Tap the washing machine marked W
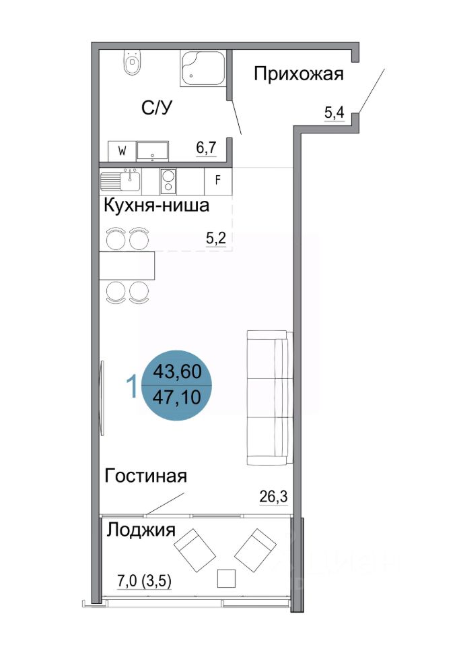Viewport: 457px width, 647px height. [x=122, y=151]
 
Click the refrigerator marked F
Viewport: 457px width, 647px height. [x=217, y=181]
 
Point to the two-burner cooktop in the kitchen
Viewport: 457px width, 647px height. [x=168, y=181]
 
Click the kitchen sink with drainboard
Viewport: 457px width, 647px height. [x=121, y=181]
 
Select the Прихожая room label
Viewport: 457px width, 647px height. [x=299, y=74]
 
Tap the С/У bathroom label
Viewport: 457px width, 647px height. [x=156, y=108]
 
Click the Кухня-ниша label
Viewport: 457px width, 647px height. [x=155, y=206]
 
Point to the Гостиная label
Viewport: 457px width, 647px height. [x=145, y=476]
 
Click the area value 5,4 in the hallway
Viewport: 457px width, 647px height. [x=335, y=113]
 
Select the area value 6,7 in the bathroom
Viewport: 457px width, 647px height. [x=206, y=147]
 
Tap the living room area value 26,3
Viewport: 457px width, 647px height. [x=273, y=497]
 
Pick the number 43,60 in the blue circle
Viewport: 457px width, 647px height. [x=178, y=371]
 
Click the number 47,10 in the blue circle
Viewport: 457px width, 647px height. [x=178, y=398]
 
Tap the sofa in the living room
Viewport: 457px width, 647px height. [x=269, y=398]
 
